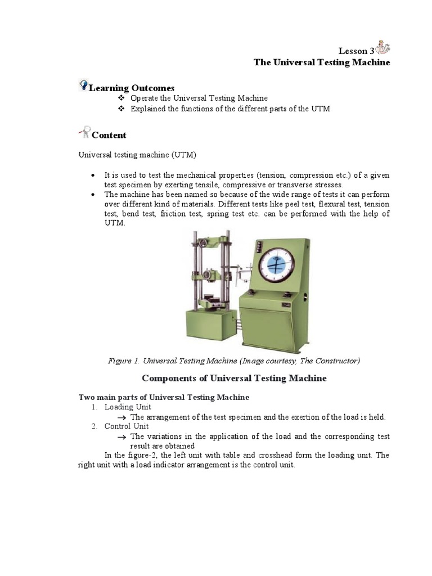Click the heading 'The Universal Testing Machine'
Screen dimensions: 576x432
pyautogui.click(x=321, y=62)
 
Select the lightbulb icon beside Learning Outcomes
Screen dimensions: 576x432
pyautogui.click(x=83, y=85)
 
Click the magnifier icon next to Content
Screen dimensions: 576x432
pyautogui.click(x=84, y=132)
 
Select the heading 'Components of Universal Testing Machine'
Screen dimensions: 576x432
pyautogui.click(x=233, y=379)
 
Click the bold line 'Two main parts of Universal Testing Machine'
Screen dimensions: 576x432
pyautogui.click(x=163, y=397)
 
